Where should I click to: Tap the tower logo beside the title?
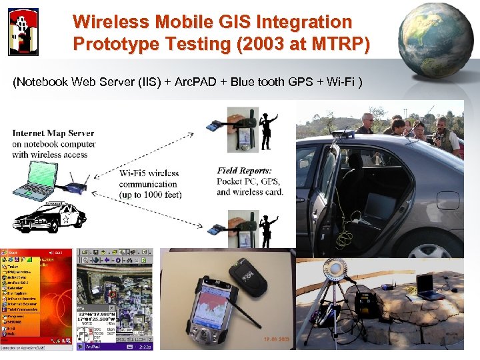coord(23,31)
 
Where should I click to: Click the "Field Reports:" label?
coord(244,171)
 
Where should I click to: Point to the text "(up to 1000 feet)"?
coord(150,195)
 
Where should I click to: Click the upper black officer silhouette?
coord(268,131)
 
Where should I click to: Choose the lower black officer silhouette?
coord(268,230)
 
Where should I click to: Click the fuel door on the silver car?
coord(448,200)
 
